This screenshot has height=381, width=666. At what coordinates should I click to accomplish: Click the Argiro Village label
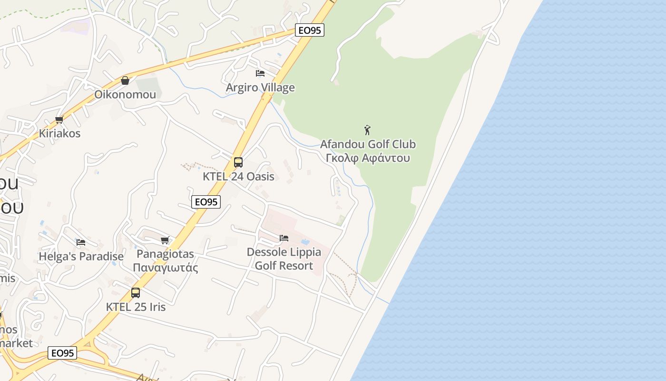[260, 88]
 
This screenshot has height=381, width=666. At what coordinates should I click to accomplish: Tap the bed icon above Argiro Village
[260, 73]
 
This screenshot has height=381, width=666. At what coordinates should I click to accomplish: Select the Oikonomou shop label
[125, 94]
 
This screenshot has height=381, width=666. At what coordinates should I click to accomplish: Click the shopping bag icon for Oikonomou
[125, 80]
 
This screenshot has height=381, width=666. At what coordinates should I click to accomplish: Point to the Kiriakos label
[59, 133]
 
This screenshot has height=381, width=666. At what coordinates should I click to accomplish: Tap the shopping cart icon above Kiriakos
[59, 120]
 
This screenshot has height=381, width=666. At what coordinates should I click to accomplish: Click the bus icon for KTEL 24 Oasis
[238, 162]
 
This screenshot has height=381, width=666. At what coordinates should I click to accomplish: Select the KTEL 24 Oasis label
[238, 177]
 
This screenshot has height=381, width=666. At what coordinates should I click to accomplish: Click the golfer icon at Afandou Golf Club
[367, 130]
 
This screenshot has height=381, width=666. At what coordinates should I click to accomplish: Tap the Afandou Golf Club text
[368, 144]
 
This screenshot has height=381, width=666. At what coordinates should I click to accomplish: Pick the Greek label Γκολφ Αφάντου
[368, 158]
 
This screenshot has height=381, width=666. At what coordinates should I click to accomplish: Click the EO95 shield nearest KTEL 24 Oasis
[206, 202]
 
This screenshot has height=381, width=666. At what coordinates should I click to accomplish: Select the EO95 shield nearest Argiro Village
[309, 30]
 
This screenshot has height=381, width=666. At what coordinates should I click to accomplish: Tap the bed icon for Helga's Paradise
[81, 242]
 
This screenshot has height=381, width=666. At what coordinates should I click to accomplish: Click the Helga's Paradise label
[81, 257]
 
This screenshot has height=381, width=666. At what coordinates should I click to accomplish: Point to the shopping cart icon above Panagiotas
[165, 240]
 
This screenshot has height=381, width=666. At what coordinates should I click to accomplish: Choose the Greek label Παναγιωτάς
[165, 268]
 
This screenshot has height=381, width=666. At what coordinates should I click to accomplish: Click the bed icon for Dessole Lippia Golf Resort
[284, 238]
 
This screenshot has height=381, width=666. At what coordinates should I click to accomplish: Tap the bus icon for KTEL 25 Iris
[136, 293]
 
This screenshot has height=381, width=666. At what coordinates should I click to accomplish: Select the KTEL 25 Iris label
[136, 307]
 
